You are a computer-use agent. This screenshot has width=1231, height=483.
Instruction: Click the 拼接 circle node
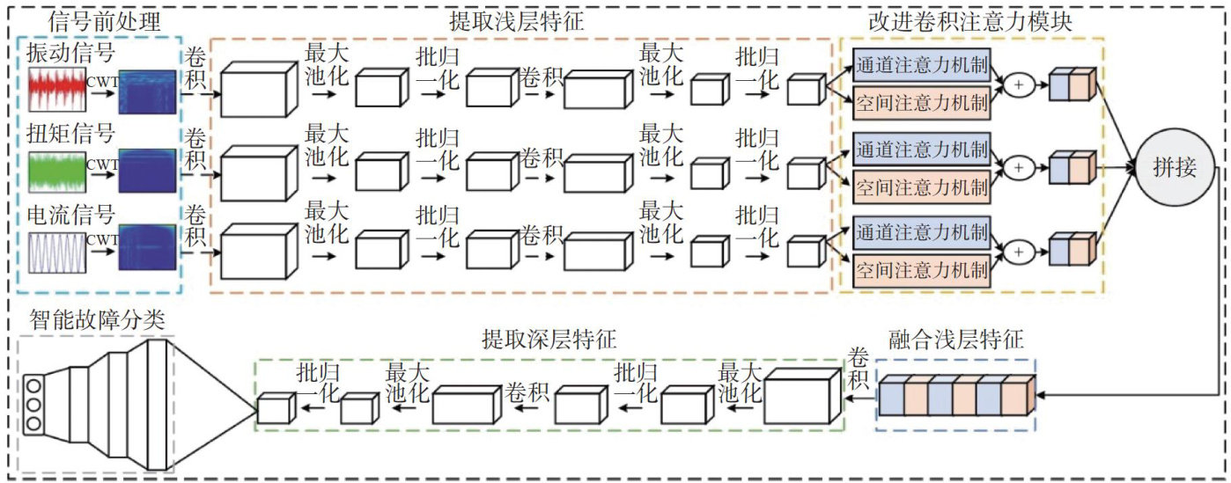click(1174, 167)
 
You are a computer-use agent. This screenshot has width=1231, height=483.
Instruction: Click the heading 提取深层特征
click(549, 339)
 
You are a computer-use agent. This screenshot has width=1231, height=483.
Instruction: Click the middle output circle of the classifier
click(34, 405)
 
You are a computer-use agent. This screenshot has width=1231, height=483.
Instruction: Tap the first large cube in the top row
click(257, 91)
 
